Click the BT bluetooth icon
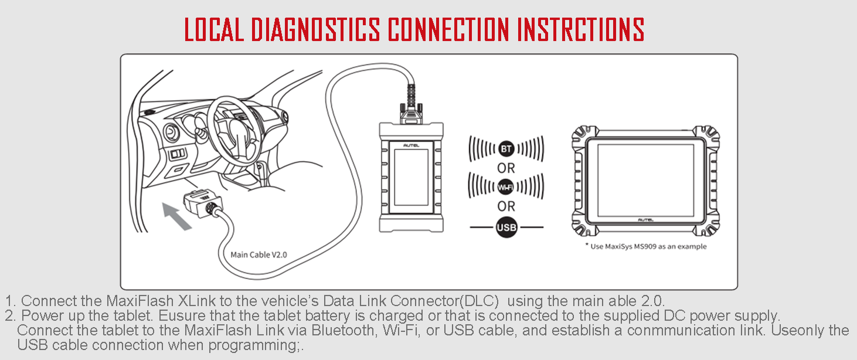click(x=506, y=148)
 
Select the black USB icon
click(x=506, y=227)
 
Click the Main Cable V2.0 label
click(x=259, y=254)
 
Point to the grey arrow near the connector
click(x=178, y=215)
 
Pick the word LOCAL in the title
click(x=214, y=29)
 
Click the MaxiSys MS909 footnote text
click(x=646, y=247)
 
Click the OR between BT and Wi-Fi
click(x=506, y=168)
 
